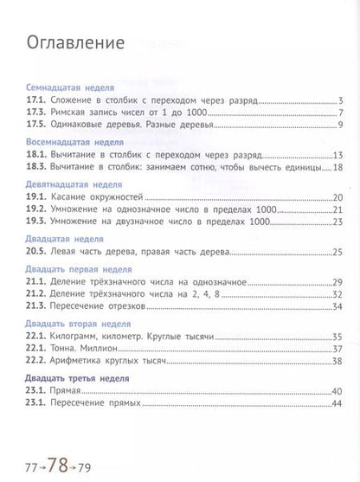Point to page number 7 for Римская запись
343,114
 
